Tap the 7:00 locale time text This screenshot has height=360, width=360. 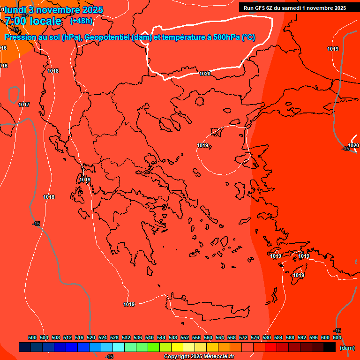click(x=33, y=21)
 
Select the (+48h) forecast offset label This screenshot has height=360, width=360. click(x=81, y=21)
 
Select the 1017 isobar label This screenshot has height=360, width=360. click(x=24, y=105)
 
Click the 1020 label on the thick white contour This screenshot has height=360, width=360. click(x=205, y=74)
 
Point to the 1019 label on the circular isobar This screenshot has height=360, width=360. click(x=202, y=145)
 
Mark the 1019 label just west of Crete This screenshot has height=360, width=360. click(x=129, y=304)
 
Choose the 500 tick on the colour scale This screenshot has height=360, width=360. click(x=32, y=337)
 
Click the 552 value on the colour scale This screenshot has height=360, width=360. click(x=185, y=337)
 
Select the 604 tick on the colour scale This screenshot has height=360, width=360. click(x=337, y=337)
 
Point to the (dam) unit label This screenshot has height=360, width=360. click(x=347, y=348)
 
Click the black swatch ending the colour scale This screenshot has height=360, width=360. click(x=330, y=347)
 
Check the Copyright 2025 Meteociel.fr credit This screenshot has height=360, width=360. click(x=199, y=357)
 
